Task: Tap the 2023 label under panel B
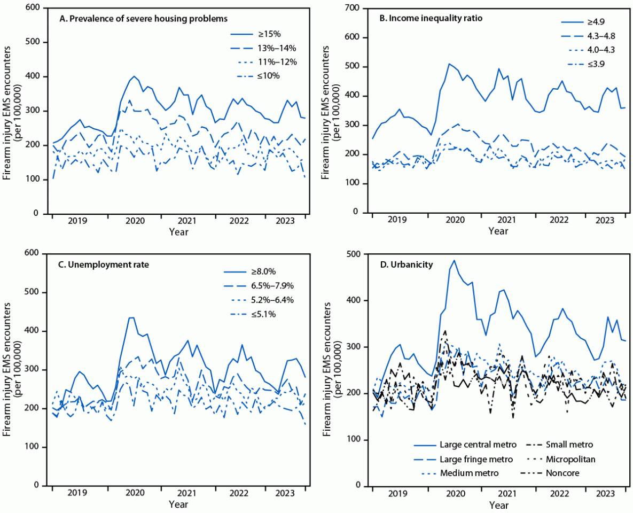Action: point(605,220)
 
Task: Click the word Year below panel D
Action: point(498,504)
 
